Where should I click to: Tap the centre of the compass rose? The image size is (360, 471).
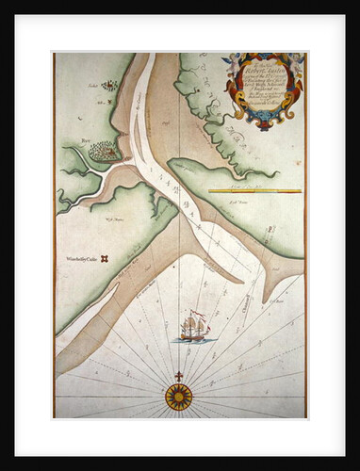click(179, 397)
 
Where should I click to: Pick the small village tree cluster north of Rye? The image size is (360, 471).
click(109, 86)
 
